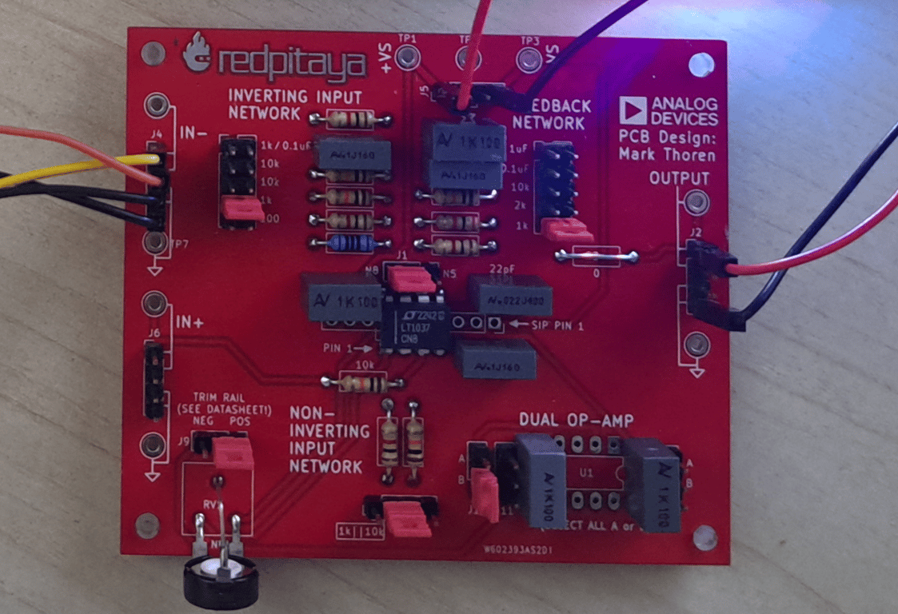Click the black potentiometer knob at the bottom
pyautogui.click(x=220, y=582)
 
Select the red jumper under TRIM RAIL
pyautogui.click(x=233, y=453)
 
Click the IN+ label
pyautogui.click(x=190, y=323)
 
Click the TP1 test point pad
pyautogui.click(x=409, y=57)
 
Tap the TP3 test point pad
pyautogui.click(x=529, y=58)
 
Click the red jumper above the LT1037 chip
pyautogui.click(x=412, y=279)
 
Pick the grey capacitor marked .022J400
pyautogui.click(x=509, y=296)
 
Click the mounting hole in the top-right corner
pyautogui.click(x=700, y=62)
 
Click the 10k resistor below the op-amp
pyautogui.click(x=353, y=384)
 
